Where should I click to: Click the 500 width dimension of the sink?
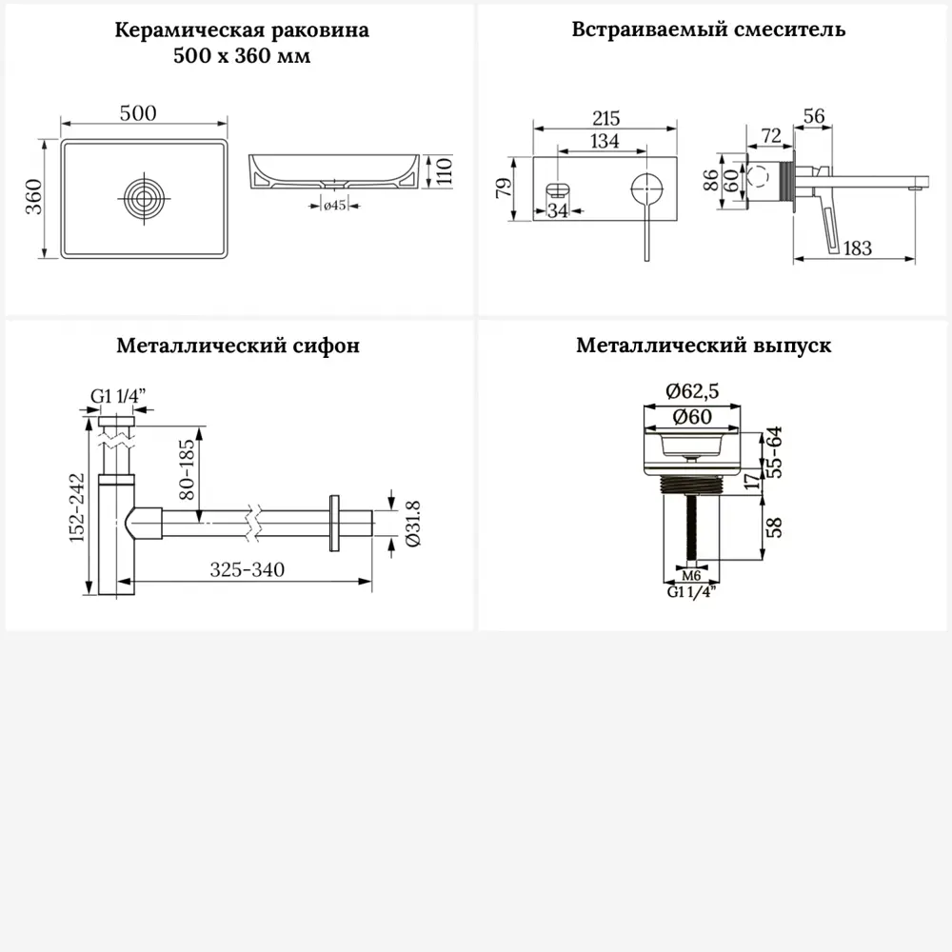(x=138, y=113)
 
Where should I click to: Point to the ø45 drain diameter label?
(x=333, y=205)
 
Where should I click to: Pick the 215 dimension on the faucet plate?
(x=605, y=119)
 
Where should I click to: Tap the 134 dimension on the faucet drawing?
(x=605, y=141)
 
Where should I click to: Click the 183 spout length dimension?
(x=857, y=248)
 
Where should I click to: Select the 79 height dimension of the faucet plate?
(x=506, y=186)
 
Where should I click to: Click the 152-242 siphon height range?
(x=79, y=506)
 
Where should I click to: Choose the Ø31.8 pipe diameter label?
(x=412, y=523)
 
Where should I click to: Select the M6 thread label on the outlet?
(x=692, y=576)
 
